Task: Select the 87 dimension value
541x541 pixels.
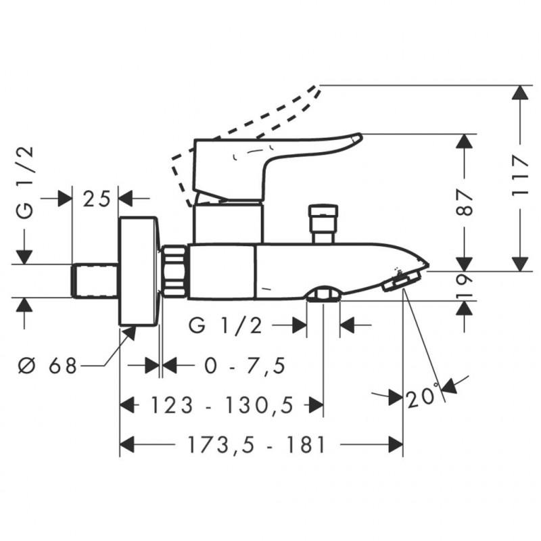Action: click(464, 202)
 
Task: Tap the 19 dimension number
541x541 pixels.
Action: click(464, 285)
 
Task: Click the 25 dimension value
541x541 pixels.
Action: click(95, 199)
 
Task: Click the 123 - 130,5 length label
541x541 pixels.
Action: click(221, 405)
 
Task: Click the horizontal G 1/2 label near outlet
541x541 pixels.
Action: click(226, 326)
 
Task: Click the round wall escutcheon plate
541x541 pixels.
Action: click(139, 270)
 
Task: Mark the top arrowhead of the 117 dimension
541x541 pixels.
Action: click(519, 93)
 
